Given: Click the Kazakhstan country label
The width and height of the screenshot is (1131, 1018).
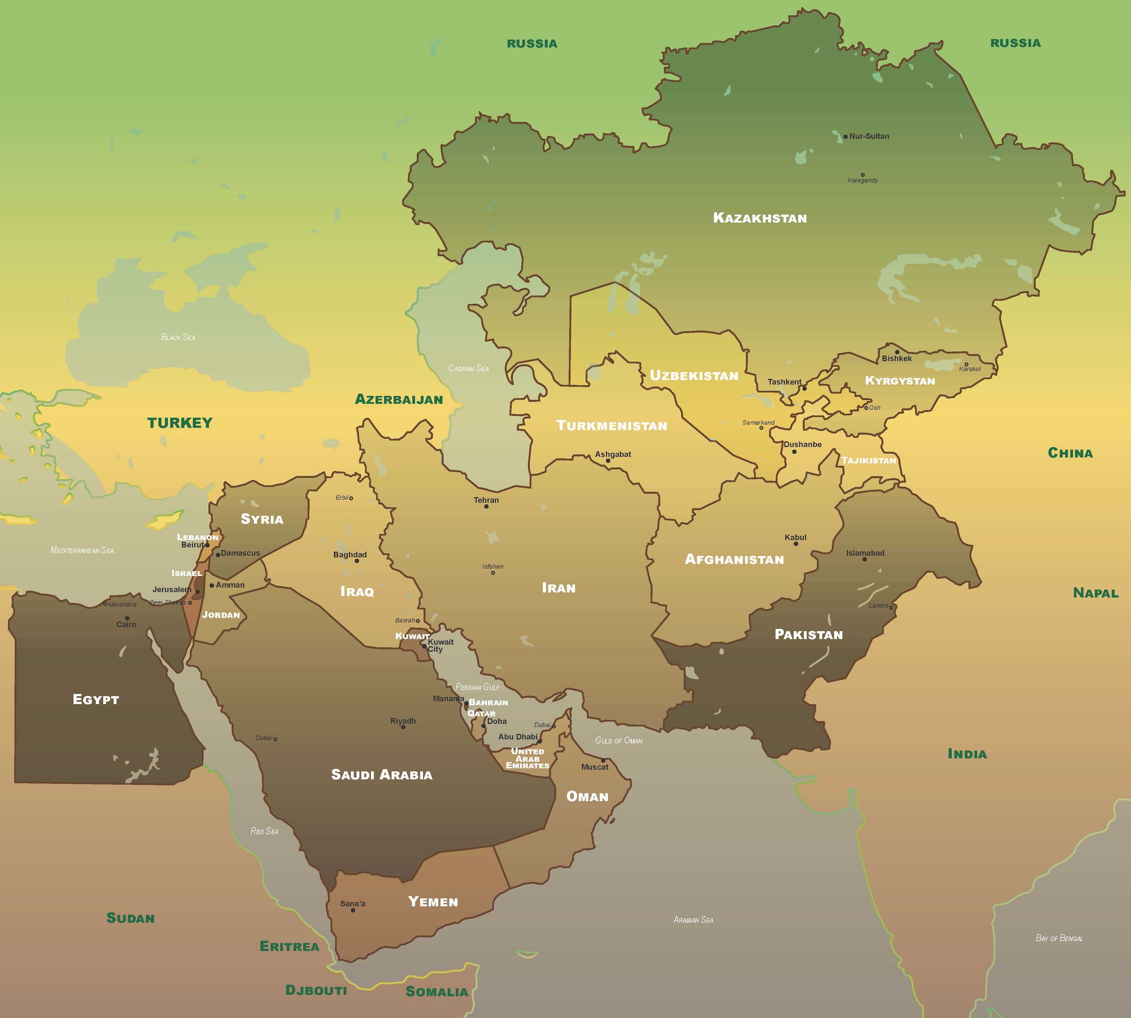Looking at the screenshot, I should (760, 218).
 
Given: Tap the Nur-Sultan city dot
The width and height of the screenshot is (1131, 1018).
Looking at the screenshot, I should (845, 136).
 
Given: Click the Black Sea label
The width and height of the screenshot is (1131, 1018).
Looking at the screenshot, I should (178, 337).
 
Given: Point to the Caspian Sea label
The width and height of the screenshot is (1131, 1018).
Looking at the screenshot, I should (468, 368).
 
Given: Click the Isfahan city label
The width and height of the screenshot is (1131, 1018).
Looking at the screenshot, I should (493, 567).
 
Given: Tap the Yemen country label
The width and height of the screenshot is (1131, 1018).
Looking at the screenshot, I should (433, 902).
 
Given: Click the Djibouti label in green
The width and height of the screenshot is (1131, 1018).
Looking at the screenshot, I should (316, 990).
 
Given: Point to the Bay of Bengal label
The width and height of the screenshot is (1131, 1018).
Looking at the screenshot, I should (1059, 939).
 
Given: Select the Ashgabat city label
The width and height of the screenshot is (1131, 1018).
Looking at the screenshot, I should (613, 454).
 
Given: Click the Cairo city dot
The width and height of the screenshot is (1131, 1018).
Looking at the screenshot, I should (127, 619).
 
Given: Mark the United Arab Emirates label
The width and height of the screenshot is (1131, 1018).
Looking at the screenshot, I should (527, 759).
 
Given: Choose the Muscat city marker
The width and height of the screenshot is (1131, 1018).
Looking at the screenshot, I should (603, 761).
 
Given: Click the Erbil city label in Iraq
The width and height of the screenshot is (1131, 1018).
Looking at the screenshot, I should (341, 497).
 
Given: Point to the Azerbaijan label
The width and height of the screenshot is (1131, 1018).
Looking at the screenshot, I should (399, 399).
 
